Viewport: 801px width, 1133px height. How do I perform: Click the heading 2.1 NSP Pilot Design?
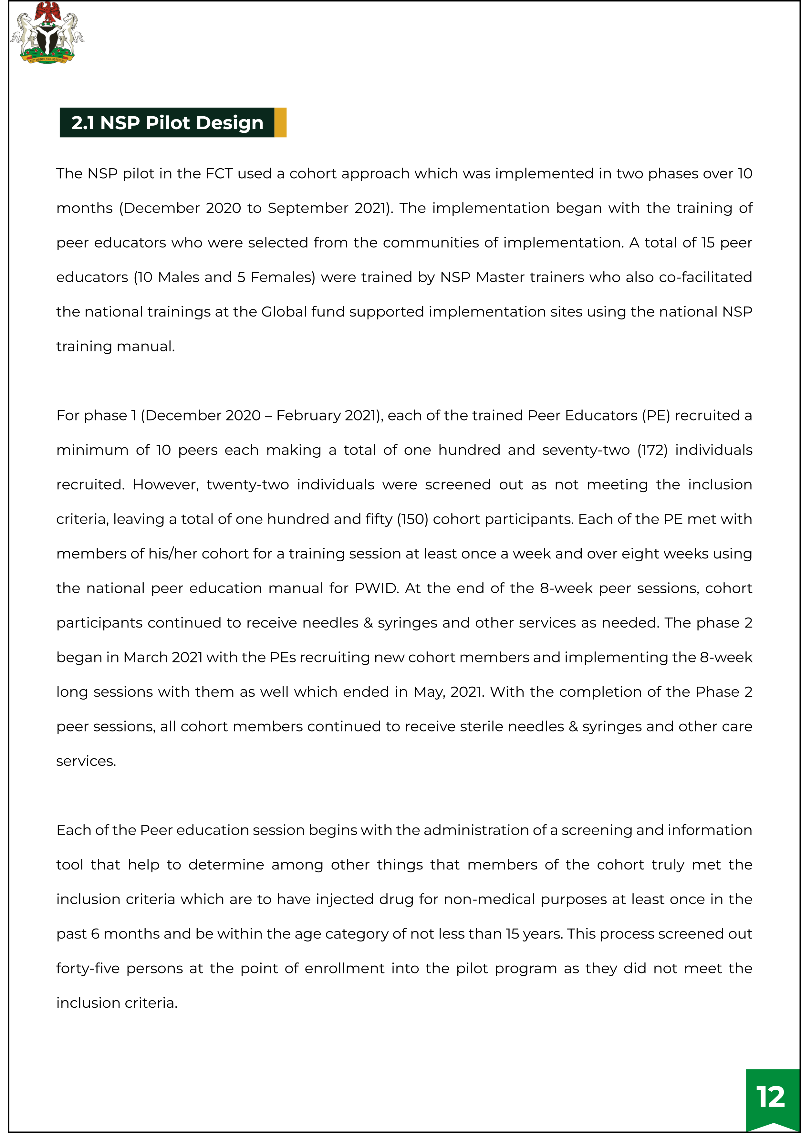pos(167,123)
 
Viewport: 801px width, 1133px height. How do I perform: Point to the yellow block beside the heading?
pos(280,122)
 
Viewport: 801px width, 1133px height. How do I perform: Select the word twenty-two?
pos(248,484)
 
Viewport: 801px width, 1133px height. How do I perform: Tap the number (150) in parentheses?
pos(412,519)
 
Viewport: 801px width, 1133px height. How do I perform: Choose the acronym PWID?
pos(377,588)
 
